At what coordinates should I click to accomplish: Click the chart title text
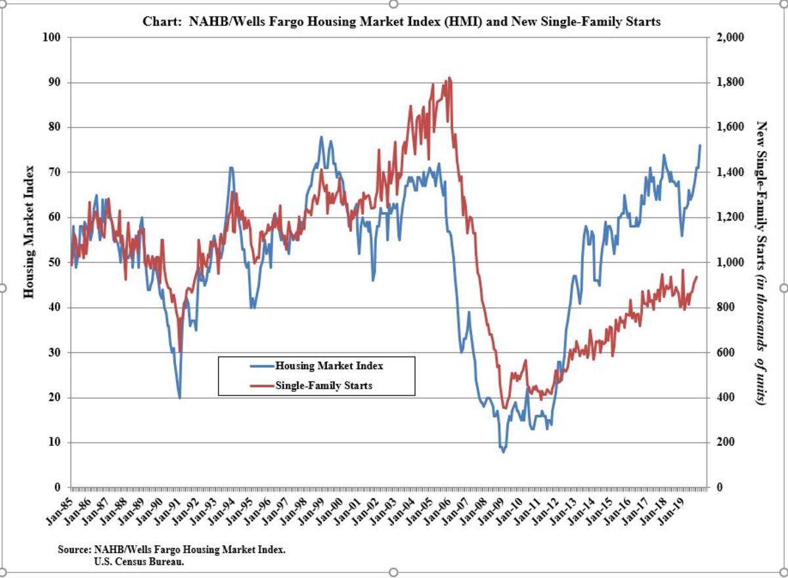pyautogui.click(x=401, y=22)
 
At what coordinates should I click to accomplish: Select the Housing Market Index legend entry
pyautogui.click(x=329, y=366)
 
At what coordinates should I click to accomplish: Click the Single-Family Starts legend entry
pyautogui.click(x=324, y=386)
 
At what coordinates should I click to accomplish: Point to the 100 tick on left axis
pyautogui.click(x=53, y=37)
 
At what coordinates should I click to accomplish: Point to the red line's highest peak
pyautogui.click(x=449, y=78)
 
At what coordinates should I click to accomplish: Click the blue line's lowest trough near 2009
pyautogui.click(x=504, y=452)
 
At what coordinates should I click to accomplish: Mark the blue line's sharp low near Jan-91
pyautogui.click(x=179, y=397)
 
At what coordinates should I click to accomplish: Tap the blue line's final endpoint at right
pyautogui.click(x=700, y=144)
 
